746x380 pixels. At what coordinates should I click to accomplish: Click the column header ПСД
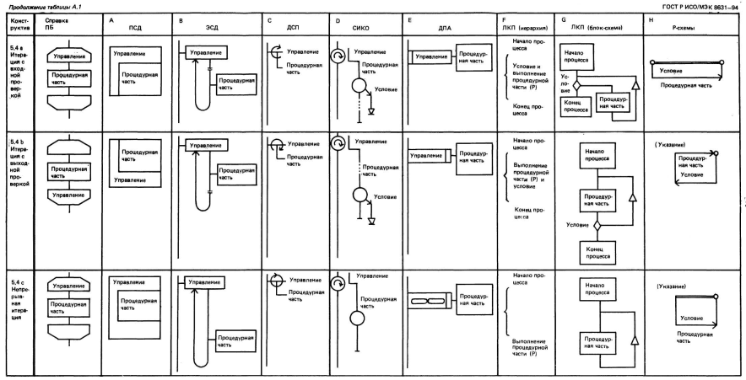pos(136,27)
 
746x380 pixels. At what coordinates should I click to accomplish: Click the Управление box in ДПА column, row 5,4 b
pos(427,155)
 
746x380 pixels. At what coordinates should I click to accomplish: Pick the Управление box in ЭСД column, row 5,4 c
pos(204,283)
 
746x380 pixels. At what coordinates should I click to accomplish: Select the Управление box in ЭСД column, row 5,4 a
pos(207,51)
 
